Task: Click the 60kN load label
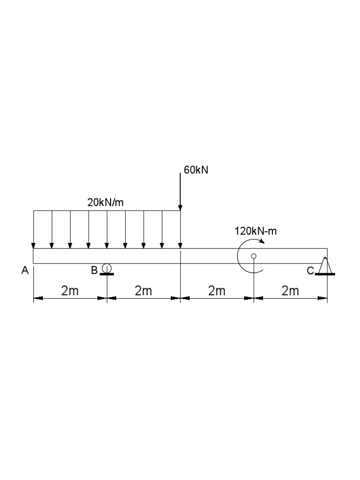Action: (x=196, y=170)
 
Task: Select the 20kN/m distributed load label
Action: (x=105, y=202)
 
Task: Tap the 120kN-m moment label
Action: (x=255, y=231)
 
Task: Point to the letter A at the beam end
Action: (x=25, y=270)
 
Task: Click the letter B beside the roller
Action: (x=95, y=270)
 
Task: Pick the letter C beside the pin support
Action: (x=310, y=271)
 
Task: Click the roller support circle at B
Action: (x=107, y=268)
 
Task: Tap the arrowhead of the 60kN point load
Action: (x=180, y=208)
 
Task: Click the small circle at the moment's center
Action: (x=254, y=255)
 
